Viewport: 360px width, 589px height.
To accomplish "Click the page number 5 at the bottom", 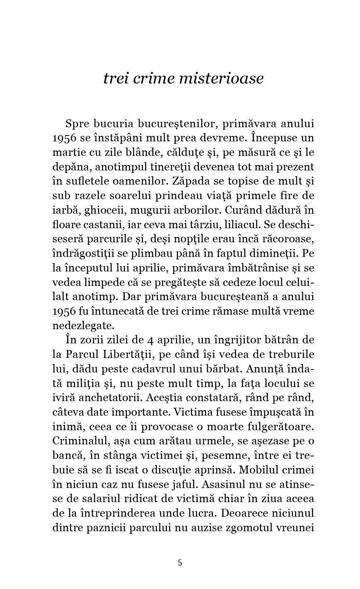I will point(180,563).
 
